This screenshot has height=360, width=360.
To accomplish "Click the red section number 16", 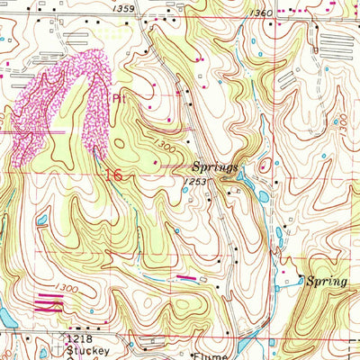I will [x=113, y=175].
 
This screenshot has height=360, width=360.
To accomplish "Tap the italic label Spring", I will [x=326, y=281].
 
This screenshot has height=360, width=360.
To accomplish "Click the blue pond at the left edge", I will [x=4, y=317].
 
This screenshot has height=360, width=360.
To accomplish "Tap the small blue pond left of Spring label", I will [x=301, y=281].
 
